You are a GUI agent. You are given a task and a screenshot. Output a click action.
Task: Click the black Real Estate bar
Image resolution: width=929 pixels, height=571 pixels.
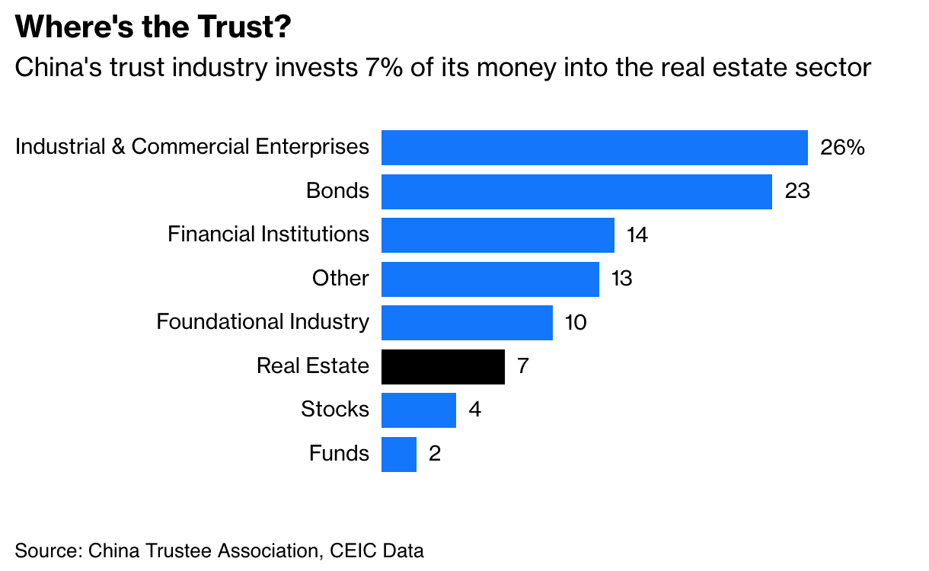coord(442,366)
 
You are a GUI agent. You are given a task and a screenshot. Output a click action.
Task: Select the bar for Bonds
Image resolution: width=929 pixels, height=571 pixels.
coord(576,191)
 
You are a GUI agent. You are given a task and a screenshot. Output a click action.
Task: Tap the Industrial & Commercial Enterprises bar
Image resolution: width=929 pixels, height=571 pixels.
coord(594,148)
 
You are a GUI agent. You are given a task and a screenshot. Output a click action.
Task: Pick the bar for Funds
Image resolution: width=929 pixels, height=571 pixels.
coord(399,455)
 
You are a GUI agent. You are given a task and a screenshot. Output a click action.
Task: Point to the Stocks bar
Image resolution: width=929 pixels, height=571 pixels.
coord(418,410)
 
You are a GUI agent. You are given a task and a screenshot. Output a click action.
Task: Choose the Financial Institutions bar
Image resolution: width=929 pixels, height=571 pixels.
coord(497,234)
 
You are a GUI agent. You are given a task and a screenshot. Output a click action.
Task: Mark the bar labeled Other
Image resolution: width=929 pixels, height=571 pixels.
coord(490,279)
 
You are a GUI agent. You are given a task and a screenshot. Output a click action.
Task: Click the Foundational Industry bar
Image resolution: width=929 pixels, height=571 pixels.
coord(467,323)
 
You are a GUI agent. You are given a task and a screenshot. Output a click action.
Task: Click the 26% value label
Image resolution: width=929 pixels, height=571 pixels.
coord(842,148)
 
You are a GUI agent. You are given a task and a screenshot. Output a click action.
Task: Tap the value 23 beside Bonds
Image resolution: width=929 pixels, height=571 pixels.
coord(797,191)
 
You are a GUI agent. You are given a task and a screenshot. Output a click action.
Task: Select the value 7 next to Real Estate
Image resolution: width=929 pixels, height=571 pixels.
coord(522,366)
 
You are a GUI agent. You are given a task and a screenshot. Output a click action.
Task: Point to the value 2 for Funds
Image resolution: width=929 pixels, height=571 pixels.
coord(435,455)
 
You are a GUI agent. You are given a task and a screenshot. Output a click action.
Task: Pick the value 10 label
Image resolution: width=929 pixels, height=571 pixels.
coord(576,323)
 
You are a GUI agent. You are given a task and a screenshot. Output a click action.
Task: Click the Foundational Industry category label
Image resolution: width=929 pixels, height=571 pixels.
coord(263,322)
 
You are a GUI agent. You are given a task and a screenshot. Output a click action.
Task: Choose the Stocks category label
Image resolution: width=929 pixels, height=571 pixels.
coord(335,410)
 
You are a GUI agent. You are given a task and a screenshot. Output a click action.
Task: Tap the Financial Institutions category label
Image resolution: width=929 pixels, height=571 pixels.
coord(268,234)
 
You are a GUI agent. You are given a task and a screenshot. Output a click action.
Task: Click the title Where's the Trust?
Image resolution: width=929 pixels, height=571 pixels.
coord(153,28)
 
